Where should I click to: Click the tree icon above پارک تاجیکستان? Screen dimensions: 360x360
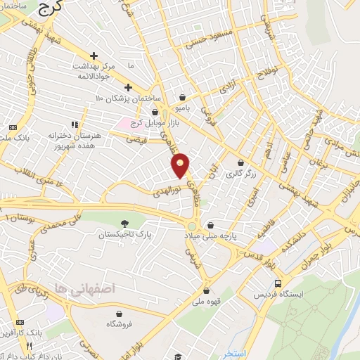(124, 223)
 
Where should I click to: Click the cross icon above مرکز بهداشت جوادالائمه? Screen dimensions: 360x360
(94, 56)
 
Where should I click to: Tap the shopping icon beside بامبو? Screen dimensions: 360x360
(183, 98)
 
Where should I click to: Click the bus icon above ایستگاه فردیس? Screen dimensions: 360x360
(278, 283)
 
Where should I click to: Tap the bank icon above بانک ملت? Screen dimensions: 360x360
(12, 127)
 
